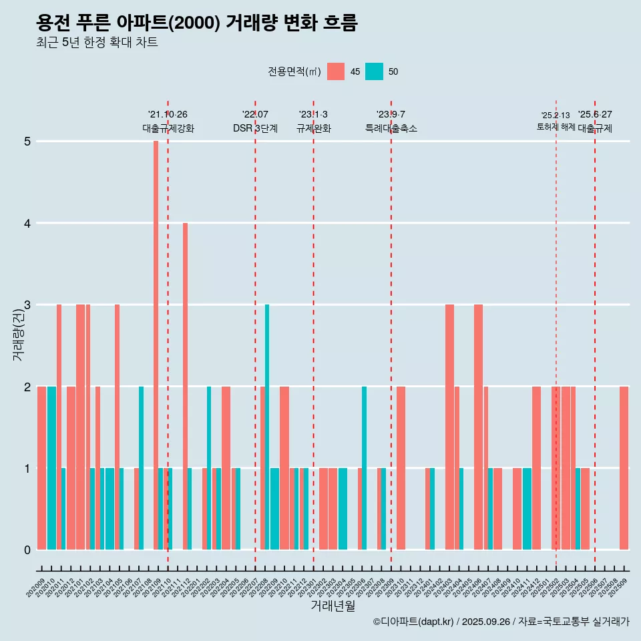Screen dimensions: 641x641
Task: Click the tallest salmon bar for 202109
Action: pyautogui.click(x=156, y=345)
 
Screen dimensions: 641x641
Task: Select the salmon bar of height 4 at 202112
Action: pyautogui.click(x=185, y=386)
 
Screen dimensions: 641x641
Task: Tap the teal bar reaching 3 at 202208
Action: pyautogui.click(x=267, y=427)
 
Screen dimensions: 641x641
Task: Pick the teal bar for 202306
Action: pyautogui.click(x=364, y=467)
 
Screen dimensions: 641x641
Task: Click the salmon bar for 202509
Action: pyautogui.click(x=624, y=467)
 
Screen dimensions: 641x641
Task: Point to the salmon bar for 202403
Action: pyautogui.click(x=449, y=427)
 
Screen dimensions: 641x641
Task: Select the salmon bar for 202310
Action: pyautogui.click(x=401, y=467)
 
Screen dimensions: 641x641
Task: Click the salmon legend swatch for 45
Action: pyautogui.click(x=336, y=71)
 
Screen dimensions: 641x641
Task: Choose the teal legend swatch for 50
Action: pyautogui.click(x=375, y=71)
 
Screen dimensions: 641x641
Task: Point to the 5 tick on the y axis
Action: pyautogui.click(x=27, y=142)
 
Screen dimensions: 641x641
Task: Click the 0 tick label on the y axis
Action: pyautogui.click(x=27, y=550)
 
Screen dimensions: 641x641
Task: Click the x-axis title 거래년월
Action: pyautogui.click(x=333, y=606)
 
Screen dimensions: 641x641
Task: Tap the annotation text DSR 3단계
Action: pyautogui.click(x=255, y=128)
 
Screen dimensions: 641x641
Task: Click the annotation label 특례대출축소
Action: pyautogui.click(x=391, y=128)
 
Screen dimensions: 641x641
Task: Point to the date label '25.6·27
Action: pyautogui.click(x=595, y=115)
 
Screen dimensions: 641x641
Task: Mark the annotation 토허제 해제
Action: pyautogui.click(x=556, y=127)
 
